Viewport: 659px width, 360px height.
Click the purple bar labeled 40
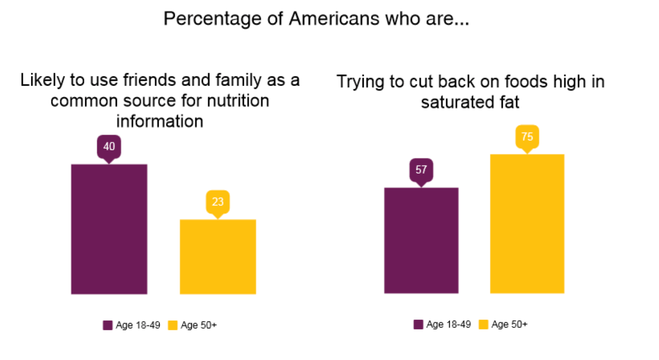pyautogui.click(x=109, y=229)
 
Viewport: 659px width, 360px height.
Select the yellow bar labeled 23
pyautogui.click(x=218, y=256)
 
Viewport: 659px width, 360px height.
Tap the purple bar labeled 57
pyautogui.click(x=421, y=240)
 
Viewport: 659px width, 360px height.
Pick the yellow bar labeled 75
pyautogui.click(x=527, y=223)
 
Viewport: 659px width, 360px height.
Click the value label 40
pyautogui.click(x=109, y=146)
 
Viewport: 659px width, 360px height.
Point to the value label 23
pyautogui.click(x=218, y=202)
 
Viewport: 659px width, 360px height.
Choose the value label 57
pyautogui.click(x=421, y=170)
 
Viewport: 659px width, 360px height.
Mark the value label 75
pyautogui.click(x=527, y=137)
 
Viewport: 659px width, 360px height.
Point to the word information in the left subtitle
pyautogui.click(x=160, y=122)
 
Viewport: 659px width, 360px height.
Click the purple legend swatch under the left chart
pyautogui.click(x=107, y=325)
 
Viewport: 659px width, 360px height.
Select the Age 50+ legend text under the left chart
pyautogui.click(x=198, y=325)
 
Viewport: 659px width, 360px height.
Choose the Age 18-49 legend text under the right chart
pyautogui.click(x=448, y=325)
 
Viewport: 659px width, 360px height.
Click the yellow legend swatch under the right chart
pyautogui.click(x=483, y=325)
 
